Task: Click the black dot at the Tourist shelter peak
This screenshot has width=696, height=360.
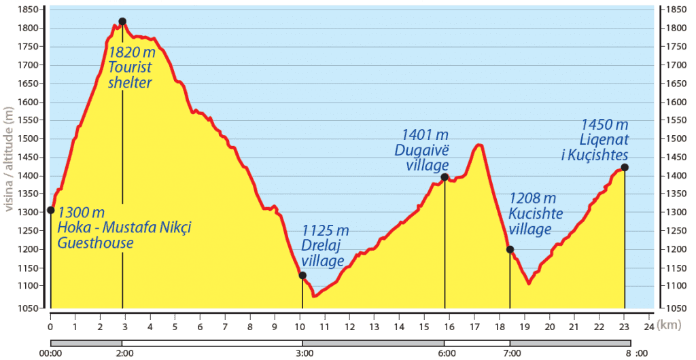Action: [x=122, y=22]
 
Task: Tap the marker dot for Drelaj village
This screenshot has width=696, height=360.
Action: [x=302, y=275]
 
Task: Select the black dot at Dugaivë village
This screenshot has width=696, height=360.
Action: [x=445, y=177]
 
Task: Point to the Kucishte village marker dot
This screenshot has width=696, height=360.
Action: [x=510, y=249]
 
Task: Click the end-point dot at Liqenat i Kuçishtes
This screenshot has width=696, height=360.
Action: [x=625, y=167]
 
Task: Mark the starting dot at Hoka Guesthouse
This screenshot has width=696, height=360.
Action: [x=50, y=210]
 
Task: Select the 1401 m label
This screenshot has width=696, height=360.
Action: [x=425, y=134]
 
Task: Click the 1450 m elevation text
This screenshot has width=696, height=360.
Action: [x=605, y=124]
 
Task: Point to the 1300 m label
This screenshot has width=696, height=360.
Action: [x=82, y=212]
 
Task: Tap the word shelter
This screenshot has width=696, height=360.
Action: [x=130, y=83]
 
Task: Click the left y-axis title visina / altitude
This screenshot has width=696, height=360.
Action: [x=10, y=159]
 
